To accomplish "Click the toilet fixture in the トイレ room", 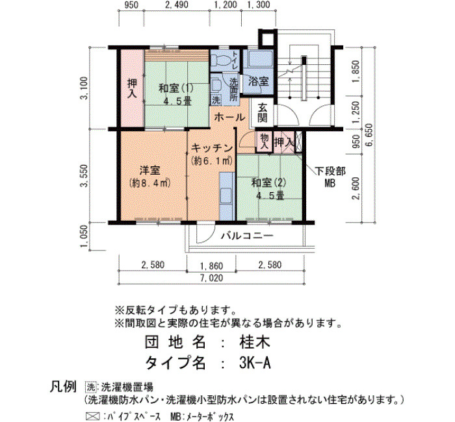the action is point(221,60).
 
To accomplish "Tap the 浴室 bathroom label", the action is point(258,81).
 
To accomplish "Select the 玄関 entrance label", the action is point(262,113).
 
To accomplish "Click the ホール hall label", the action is point(229,118).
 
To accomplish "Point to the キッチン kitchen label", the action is point(213,148).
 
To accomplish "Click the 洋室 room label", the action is point(150,170).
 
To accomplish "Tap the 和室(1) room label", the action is point(176,88).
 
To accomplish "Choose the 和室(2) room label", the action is point(269,182).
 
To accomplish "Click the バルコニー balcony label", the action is point(247,236).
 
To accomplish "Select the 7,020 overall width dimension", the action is point(213,278).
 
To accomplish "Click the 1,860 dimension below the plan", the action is point(212,266).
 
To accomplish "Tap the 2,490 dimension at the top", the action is point(176,5).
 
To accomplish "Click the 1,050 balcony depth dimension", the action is point(84,236).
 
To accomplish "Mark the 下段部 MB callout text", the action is point(330,177).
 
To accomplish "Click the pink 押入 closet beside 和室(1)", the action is point(133,89).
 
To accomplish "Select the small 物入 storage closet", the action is point(264,142).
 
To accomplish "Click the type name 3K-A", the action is point(255,363).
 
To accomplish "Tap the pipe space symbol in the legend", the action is point(92,417).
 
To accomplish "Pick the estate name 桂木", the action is point(255,342).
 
